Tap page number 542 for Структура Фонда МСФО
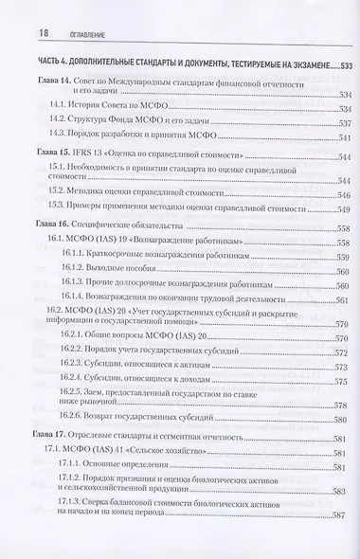tap(342, 120)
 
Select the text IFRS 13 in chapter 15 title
tap(92, 152)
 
